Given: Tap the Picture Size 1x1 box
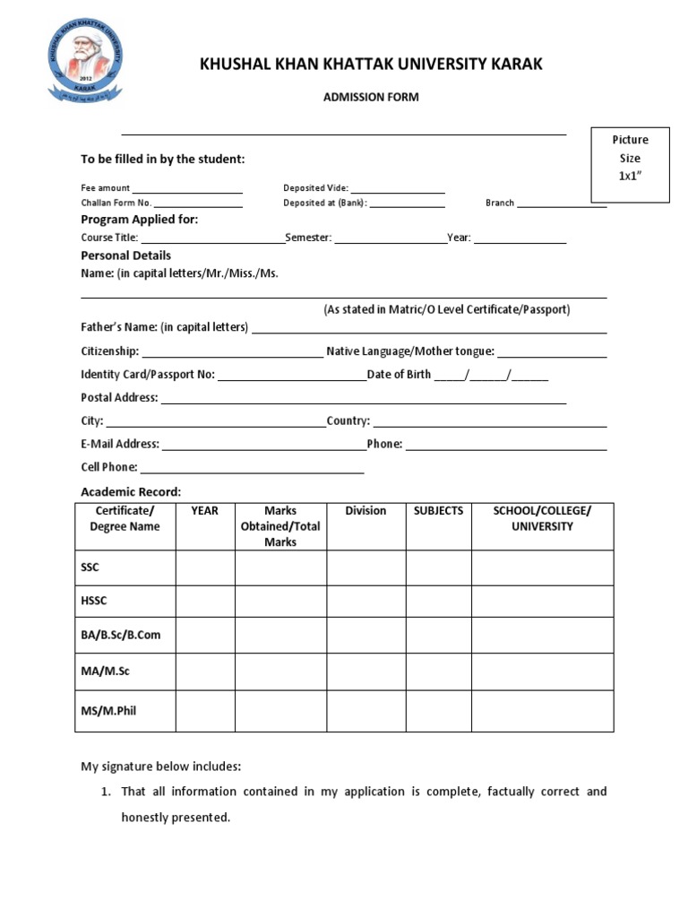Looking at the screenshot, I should (630, 164).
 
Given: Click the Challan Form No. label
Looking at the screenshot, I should (116, 203).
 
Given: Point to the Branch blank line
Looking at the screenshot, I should (562, 206).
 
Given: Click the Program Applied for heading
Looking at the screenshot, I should (140, 220).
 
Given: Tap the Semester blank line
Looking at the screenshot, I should (390, 242).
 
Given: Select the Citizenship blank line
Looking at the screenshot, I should (232, 356).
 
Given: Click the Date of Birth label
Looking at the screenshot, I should (400, 375).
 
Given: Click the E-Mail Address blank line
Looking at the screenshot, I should (263, 448).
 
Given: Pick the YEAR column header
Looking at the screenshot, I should (205, 511).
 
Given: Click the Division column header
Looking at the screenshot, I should (365, 511).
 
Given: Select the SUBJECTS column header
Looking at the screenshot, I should (438, 511).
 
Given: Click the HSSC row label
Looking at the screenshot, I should (94, 601).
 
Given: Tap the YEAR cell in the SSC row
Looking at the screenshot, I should (205, 567).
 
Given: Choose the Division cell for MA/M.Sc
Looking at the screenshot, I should (365, 671).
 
